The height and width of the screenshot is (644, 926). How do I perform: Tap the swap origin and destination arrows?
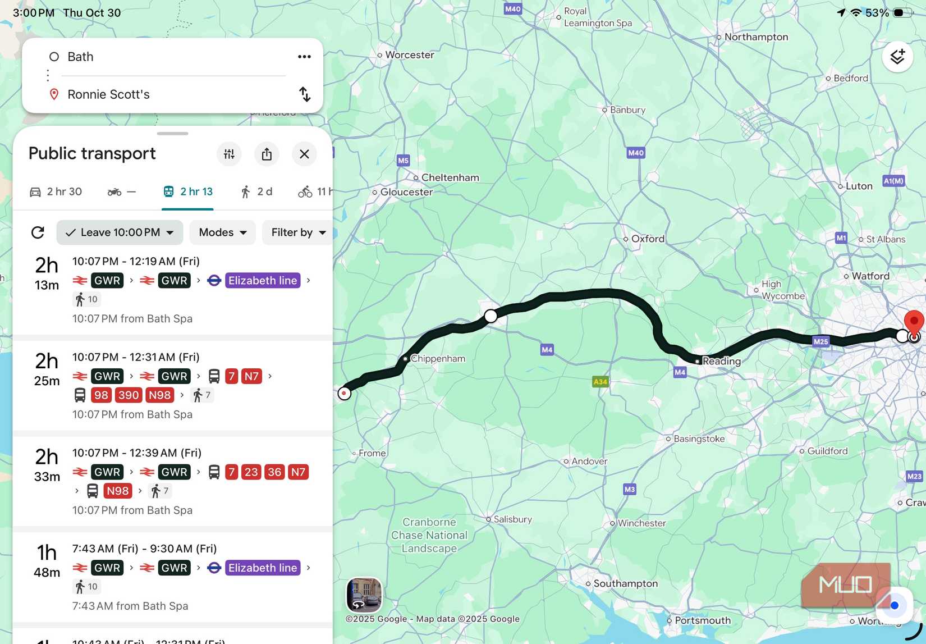(304, 94)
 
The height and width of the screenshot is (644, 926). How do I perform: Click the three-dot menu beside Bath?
(304, 57)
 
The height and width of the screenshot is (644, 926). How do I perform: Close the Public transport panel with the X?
(304, 154)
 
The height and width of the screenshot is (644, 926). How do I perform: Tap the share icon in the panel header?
(267, 154)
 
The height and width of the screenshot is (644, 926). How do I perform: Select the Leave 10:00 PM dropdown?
(120, 232)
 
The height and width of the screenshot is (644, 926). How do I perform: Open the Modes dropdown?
(222, 232)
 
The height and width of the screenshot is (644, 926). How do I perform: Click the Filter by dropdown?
(297, 232)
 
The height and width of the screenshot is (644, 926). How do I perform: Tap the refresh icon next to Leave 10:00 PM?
(38, 232)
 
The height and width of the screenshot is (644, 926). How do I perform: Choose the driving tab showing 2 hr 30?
(56, 192)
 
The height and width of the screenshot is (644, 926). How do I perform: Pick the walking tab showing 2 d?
(256, 192)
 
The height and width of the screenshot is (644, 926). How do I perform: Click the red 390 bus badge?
(129, 395)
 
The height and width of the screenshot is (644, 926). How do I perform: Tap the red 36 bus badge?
(274, 472)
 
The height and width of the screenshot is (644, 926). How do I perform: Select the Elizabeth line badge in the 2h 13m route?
(262, 281)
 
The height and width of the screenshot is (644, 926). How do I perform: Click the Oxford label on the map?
(648, 239)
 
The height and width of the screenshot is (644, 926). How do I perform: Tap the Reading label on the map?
(721, 361)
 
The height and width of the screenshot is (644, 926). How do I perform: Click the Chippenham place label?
(438, 359)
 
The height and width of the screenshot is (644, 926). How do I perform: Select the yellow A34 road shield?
(600, 382)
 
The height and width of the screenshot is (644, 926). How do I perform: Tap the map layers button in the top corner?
(897, 57)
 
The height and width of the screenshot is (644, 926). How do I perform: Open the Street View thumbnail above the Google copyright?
(364, 595)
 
